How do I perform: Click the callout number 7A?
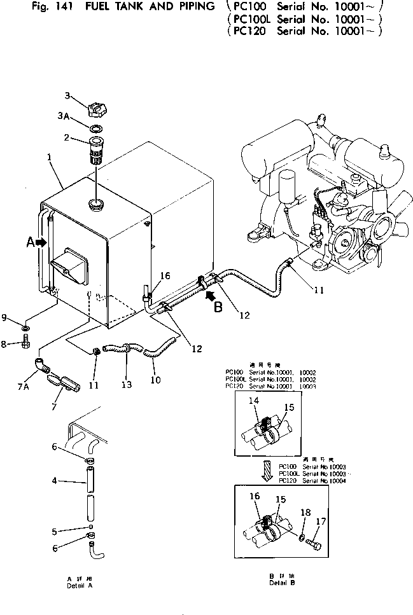[x=24, y=385]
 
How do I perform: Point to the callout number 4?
[x=53, y=481]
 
